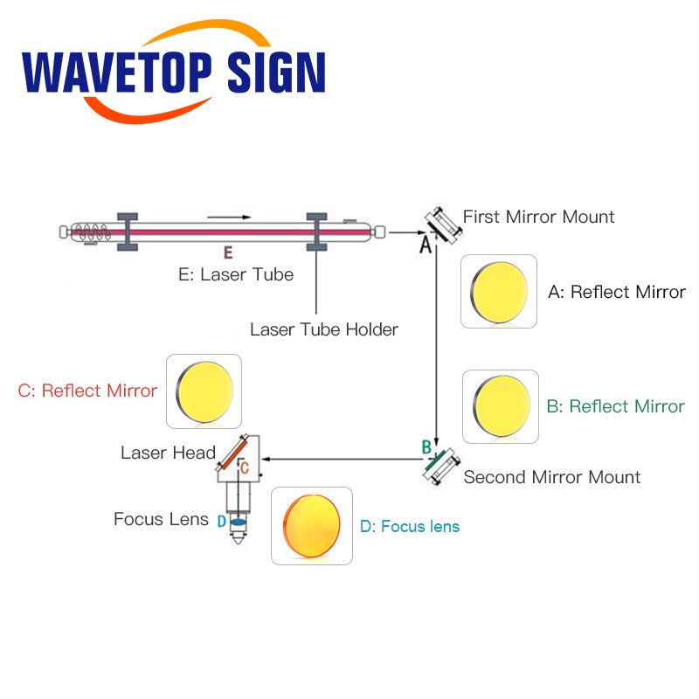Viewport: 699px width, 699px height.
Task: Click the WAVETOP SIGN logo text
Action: coord(174,73)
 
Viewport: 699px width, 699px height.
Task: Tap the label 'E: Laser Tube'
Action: coord(236,274)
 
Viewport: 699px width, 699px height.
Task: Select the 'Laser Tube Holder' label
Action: coord(324,330)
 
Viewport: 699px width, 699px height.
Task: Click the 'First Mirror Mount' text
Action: coord(538,217)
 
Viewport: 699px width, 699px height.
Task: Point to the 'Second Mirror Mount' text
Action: coord(552,477)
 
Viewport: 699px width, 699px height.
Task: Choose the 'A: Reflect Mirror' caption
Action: coord(617,293)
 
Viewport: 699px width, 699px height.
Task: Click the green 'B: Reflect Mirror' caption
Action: coord(616,406)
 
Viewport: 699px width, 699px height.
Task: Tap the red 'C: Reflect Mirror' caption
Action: coord(87,391)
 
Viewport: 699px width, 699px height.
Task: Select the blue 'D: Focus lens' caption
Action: coord(410,527)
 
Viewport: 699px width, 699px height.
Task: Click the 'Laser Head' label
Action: coord(168,453)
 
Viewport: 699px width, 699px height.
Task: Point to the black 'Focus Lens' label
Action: coord(161,519)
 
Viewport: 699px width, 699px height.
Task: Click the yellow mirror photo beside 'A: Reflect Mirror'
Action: coord(499,292)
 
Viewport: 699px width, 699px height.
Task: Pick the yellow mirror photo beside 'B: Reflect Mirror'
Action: coord(501,406)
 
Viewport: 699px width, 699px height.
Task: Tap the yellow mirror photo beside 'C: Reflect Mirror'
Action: coord(204,391)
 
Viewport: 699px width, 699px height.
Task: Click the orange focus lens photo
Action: coord(312,526)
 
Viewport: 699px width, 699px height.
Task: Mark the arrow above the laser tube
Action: coord(229,217)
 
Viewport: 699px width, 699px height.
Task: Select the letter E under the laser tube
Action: coord(228,253)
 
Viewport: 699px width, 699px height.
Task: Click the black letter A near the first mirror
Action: coord(426,245)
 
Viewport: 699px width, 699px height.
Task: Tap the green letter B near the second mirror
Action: coord(426,447)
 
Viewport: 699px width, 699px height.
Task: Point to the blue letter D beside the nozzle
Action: coord(222,521)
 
